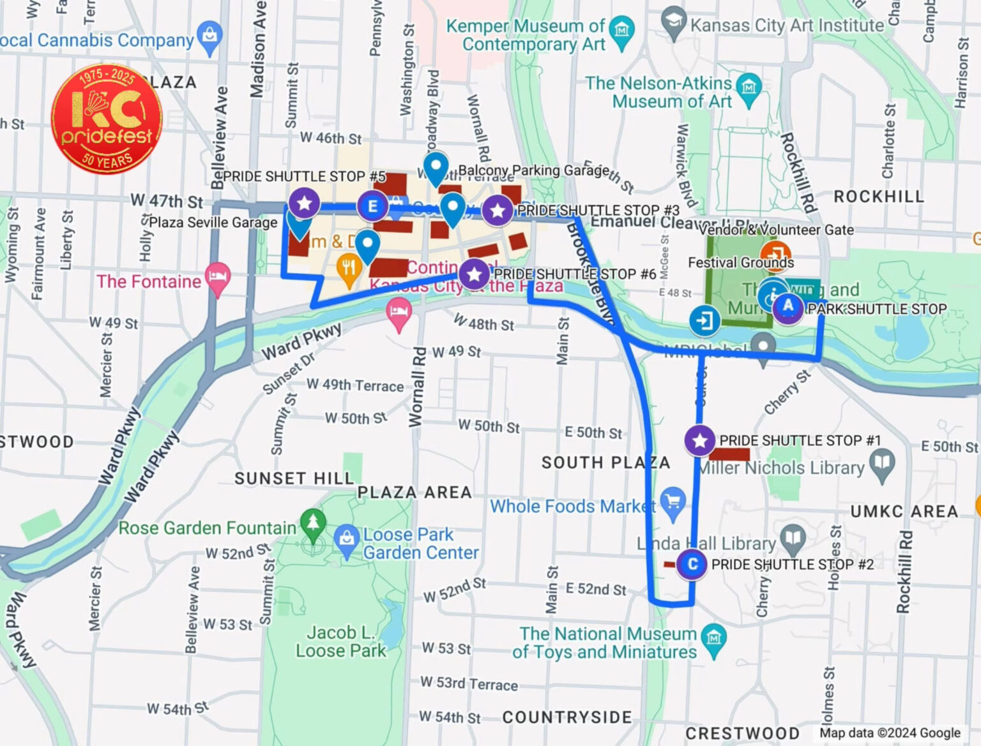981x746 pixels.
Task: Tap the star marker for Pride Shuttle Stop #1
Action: click(x=699, y=440)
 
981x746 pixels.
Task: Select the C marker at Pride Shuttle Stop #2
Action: click(x=692, y=564)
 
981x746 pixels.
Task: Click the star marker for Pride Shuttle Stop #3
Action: click(x=498, y=210)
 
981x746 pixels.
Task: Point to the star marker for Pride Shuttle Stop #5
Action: click(x=305, y=203)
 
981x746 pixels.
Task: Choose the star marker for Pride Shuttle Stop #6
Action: click(x=474, y=274)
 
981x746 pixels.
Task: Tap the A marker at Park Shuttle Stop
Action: click(x=788, y=306)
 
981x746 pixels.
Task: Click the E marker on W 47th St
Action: click(x=373, y=206)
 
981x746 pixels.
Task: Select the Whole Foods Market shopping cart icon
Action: click(x=672, y=500)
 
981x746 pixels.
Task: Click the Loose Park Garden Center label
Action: click(x=420, y=544)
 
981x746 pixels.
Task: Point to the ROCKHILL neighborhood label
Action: click(x=878, y=197)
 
